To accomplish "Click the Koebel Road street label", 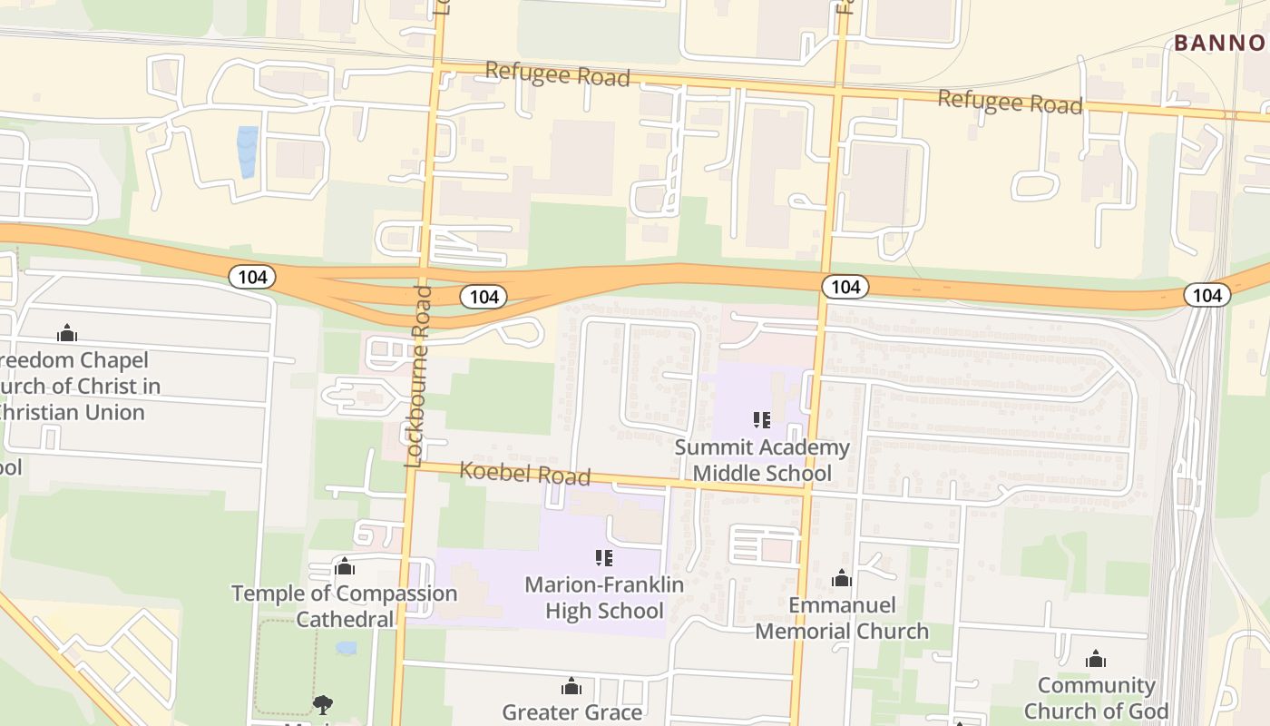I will pos(524,473).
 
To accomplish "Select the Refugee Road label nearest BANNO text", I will pos(1010,102).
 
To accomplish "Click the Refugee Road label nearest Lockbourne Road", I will pos(557,74).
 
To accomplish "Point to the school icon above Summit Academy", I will pos(762,419).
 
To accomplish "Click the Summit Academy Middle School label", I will pos(762,460).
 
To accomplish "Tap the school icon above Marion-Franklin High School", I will pos(604,557).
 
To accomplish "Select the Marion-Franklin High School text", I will pos(605,598).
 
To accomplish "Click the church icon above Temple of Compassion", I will pos(345,567).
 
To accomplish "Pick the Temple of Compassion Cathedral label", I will pos(345,606).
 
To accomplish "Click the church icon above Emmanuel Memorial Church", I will pos(842,578).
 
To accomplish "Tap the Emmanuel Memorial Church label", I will pos(842,618).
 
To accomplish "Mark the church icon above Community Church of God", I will pos(1096,658).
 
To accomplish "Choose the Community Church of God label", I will pos(1096,698).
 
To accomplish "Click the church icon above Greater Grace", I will pos(571,685).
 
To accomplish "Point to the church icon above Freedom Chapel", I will pos(67,333).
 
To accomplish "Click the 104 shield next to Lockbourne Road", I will pos(484,296).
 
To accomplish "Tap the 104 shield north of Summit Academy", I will pos(845,287).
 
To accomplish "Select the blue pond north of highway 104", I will pos(247,152).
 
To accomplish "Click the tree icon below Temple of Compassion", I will pos(322,704).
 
